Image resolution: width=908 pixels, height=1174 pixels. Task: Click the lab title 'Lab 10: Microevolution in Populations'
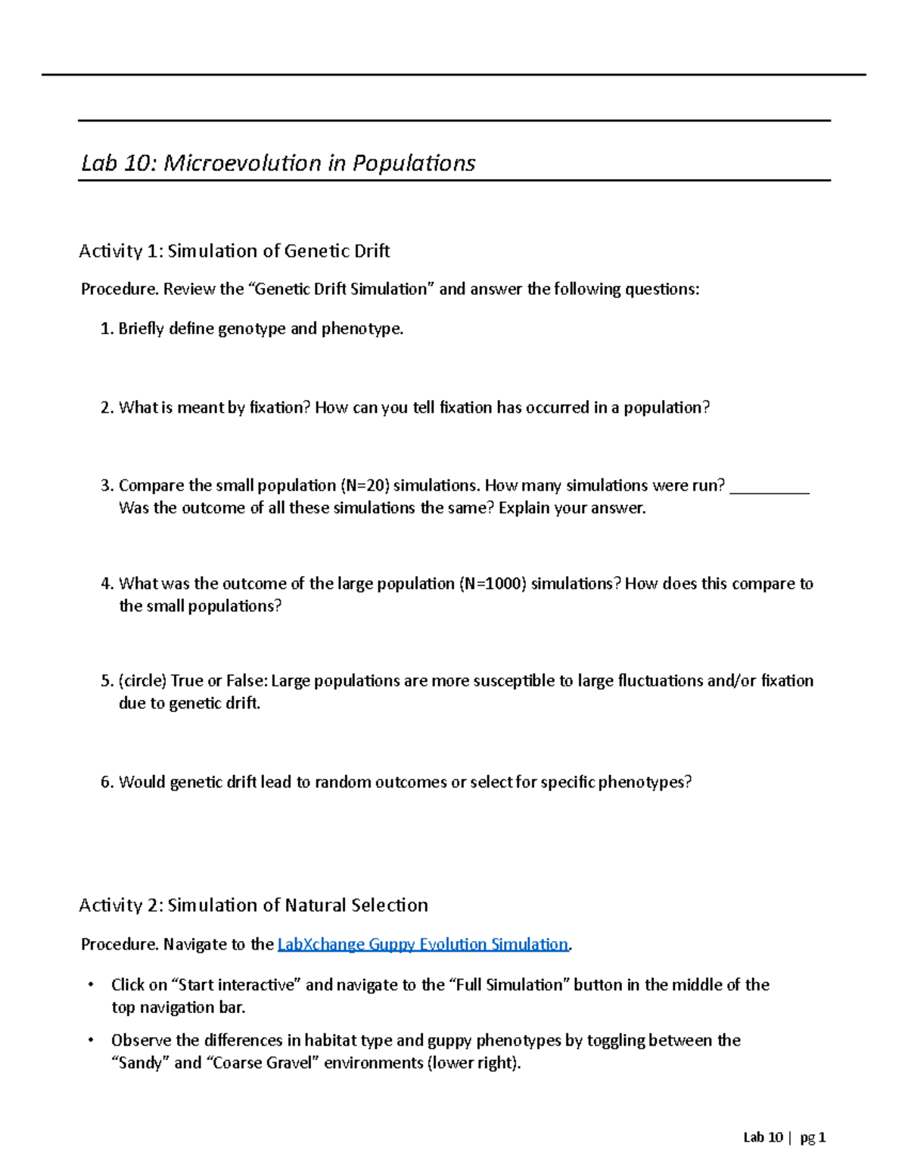coord(278,163)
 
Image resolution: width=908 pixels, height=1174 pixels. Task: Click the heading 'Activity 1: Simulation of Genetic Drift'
coord(234,251)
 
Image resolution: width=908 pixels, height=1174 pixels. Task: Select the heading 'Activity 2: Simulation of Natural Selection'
coord(253,905)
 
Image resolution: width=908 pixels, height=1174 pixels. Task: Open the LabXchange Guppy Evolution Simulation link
coord(423,944)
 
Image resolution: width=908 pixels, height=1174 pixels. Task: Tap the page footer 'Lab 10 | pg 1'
coord(784,1138)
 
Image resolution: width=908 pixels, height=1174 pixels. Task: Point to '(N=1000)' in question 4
coord(492,584)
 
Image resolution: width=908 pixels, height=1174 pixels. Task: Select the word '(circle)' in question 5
coord(142,681)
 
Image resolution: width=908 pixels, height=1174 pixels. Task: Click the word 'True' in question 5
coord(187,681)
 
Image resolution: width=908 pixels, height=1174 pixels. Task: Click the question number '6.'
coord(107,782)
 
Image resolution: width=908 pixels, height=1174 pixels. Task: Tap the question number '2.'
coord(107,407)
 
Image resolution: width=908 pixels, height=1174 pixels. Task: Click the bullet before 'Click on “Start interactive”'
coord(91,985)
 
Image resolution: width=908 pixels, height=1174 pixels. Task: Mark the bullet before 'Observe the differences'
coord(91,1041)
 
